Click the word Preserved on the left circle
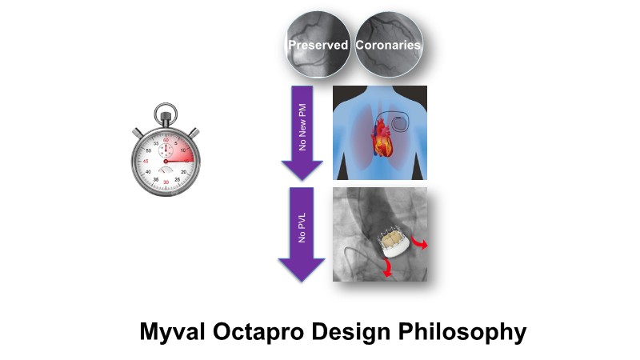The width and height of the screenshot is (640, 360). tap(318, 45)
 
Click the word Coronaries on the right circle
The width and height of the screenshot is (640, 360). tap(388, 45)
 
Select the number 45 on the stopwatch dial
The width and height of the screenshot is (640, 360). tap(145, 161)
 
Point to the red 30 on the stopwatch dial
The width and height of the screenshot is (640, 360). tap(166, 182)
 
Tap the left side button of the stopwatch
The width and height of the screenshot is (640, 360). tap(138, 132)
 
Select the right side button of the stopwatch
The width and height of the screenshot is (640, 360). tap(194, 132)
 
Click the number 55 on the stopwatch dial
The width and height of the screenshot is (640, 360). tap(155, 143)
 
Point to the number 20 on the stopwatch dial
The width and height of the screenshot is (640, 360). tap(185, 171)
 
